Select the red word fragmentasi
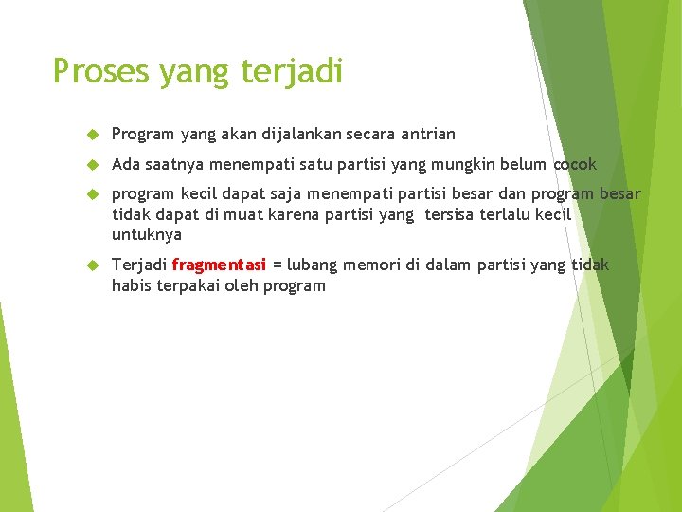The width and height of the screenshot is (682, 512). coord(219,265)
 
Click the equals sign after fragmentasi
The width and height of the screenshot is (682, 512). coord(277,265)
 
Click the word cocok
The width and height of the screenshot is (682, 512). coord(575,164)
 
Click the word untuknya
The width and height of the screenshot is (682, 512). coord(146,234)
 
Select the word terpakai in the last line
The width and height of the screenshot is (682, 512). coord(186,285)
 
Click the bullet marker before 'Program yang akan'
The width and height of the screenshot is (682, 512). coord(93,135)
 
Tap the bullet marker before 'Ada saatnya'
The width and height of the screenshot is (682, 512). coord(93,164)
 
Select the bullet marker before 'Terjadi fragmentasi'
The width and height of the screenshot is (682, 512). coord(93,265)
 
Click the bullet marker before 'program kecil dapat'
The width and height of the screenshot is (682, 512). coord(93,194)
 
